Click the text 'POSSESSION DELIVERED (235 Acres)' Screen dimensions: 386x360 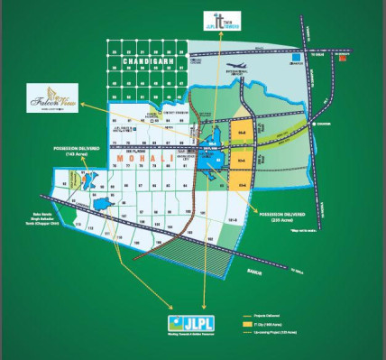(x=279, y=217)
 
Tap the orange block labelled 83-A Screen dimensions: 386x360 (x=241, y=134)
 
